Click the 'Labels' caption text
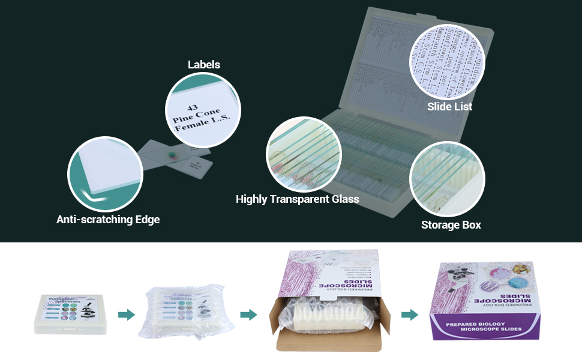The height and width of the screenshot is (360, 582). coord(204,65)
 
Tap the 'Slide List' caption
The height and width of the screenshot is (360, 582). coord(449,107)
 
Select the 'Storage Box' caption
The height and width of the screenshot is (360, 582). coord(451,225)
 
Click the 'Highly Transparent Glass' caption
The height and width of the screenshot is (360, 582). coord(298,199)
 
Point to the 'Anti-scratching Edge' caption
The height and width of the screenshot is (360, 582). coord(108,220)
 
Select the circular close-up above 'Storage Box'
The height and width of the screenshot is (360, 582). coord(447,179)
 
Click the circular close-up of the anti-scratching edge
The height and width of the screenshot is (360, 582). coord(105,174)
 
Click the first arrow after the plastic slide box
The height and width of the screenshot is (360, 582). coord(126,315)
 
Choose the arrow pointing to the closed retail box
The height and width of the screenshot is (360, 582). coord(410,315)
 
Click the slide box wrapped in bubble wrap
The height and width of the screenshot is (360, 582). coord(181,313)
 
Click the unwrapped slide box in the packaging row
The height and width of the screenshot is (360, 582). coord(70,314)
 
